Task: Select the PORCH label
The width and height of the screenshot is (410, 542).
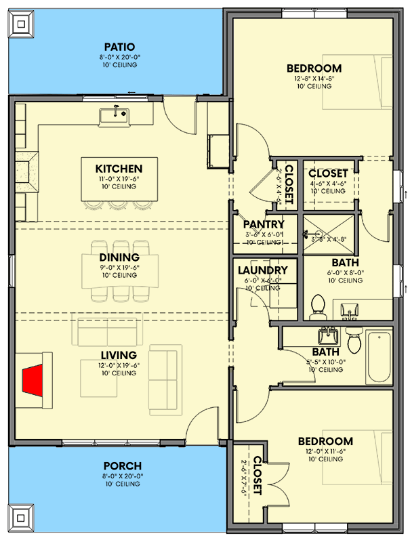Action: [x=122, y=465]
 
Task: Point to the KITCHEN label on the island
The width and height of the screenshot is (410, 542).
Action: [x=119, y=169]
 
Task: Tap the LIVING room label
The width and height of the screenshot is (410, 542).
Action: [x=119, y=355]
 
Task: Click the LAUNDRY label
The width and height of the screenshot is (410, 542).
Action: [x=264, y=270]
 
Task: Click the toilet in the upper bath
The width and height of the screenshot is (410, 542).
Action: [x=317, y=308]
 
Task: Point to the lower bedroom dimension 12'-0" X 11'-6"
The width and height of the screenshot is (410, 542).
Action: [x=325, y=452]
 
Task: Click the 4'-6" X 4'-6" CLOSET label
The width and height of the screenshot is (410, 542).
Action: [x=329, y=174]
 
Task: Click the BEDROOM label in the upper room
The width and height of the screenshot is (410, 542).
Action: [x=314, y=68]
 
